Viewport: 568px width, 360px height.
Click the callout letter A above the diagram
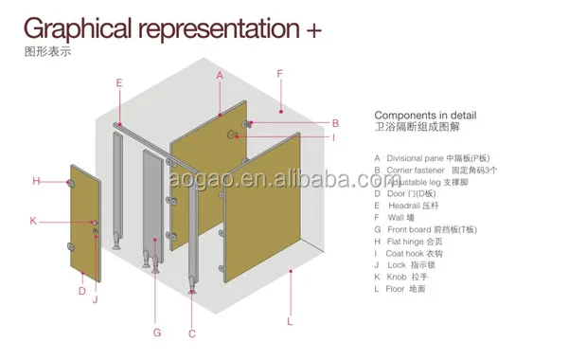pyautogui.click(x=219, y=74)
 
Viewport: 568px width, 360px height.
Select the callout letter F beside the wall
pyautogui.click(x=279, y=73)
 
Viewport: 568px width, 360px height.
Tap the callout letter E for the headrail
pyautogui.click(x=118, y=82)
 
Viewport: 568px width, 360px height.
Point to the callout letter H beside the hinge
pyautogui.click(x=36, y=180)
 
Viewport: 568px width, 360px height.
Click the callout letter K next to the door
pyautogui.click(x=33, y=221)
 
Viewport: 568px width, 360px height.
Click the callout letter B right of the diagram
pyautogui.click(x=335, y=122)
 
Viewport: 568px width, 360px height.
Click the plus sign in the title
pyautogui.click(x=313, y=28)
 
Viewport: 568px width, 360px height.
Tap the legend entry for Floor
pyautogui.click(x=399, y=288)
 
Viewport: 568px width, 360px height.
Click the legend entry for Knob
pyautogui.click(x=399, y=276)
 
